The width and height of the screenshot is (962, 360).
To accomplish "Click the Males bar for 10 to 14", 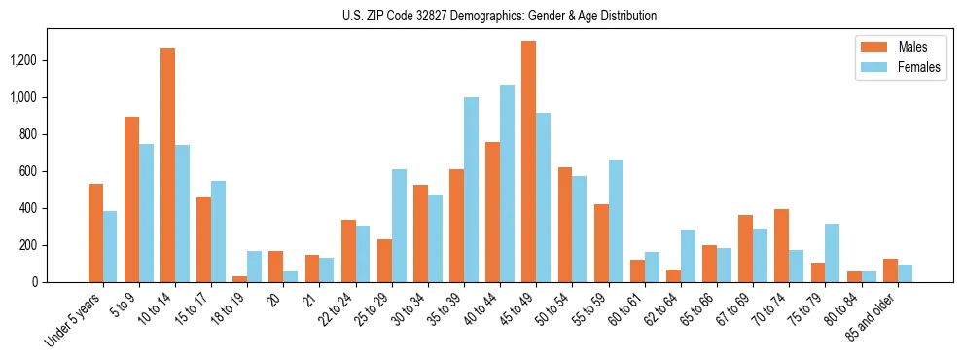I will coord(168,165).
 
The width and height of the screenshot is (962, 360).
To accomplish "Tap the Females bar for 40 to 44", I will coord(507,184).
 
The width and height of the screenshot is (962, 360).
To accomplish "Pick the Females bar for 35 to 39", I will coord(471,190).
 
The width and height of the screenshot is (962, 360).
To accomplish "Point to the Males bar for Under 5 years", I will coord(95,234).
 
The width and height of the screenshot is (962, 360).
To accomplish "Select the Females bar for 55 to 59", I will coord(615,221).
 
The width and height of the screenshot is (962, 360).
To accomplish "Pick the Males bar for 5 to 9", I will coord(131,199).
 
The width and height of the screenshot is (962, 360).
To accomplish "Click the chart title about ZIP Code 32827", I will coord(499,16).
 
